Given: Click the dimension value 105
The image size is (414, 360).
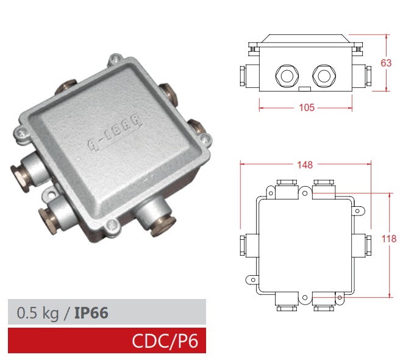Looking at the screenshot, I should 307,108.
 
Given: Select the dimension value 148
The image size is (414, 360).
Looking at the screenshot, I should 305,165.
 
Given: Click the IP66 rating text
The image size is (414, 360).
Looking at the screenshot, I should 91,313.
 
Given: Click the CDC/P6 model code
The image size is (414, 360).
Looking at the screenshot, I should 165,340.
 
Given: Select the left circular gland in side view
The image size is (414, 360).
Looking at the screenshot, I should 287,75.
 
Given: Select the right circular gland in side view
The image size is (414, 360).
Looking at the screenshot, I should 324,75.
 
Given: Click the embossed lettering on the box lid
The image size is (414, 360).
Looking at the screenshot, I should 115,135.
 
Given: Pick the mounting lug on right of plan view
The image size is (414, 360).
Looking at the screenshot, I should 360,211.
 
